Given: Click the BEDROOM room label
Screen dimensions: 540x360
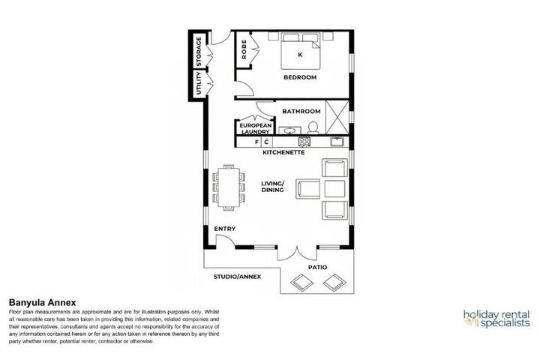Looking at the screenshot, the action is pyautogui.click(x=300, y=77).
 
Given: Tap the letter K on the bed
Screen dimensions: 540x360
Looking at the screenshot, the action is pyautogui.click(x=300, y=55).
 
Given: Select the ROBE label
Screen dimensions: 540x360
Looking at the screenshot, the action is pyautogui.click(x=244, y=49).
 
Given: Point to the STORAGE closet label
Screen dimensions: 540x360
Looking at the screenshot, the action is pyautogui.click(x=199, y=52).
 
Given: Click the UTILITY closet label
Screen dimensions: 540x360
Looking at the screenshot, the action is pyautogui.click(x=198, y=83).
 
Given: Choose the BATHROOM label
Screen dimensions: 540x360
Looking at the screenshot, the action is pyautogui.click(x=301, y=111).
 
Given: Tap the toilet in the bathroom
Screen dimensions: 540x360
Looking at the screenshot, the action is pyautogui.click(x=313, y=127).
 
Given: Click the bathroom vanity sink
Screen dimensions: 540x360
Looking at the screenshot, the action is pyautogui.click(x=289, y=130).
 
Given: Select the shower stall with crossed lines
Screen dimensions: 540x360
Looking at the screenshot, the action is pyautogui.click(x=337, y=117).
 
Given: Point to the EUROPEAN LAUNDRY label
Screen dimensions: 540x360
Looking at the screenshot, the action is pyautogui.click(x=256, y=128).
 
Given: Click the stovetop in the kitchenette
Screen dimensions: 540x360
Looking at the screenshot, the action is pyautogui.click(x=304, y=142).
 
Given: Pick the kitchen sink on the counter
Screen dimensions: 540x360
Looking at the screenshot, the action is pyautogui.click(x=337, y=142).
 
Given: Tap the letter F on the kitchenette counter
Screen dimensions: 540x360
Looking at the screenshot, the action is pyautogui.click(x=256, y=142).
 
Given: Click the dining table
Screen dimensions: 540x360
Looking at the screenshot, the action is pyautogui.click(x=229, y=187).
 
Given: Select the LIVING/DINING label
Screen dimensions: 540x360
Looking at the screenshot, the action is pyautogui.click(x=272, y=186).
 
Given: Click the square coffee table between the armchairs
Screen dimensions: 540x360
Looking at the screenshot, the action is pyautogui.click(x=334, y=189).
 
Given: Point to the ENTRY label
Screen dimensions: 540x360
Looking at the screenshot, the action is pyautogui.click(x=225, y=229).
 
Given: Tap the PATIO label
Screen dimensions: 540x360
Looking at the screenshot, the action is pyautogui.click(x=317, y=267).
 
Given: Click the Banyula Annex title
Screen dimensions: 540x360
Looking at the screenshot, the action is pyautogui.click(x=42, y=303).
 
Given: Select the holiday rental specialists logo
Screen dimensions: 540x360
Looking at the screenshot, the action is pyautogui.click(x=496, y=319).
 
